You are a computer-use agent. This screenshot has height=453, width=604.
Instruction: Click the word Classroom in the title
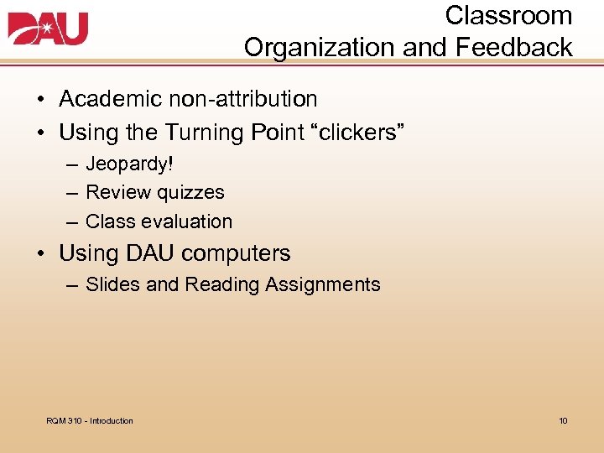point(508,16)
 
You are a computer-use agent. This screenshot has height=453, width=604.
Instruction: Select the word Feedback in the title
point(514,48)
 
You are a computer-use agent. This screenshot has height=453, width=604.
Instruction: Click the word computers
point(236,253)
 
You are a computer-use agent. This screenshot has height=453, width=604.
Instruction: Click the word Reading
point(222,284)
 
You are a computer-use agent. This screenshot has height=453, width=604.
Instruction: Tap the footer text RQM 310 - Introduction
point(90,420)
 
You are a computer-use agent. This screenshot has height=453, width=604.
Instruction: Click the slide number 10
point(563,420)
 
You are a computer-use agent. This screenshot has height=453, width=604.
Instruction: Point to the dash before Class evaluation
point(73,222)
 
